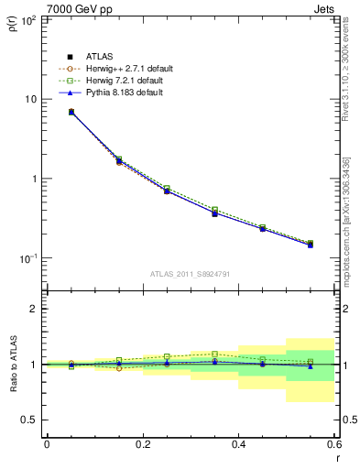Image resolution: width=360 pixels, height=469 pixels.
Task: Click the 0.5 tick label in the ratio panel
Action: (30, 420)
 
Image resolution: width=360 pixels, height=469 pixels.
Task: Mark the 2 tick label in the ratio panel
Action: (35, 310)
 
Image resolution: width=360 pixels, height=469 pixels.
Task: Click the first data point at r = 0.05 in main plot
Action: (71, 112)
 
